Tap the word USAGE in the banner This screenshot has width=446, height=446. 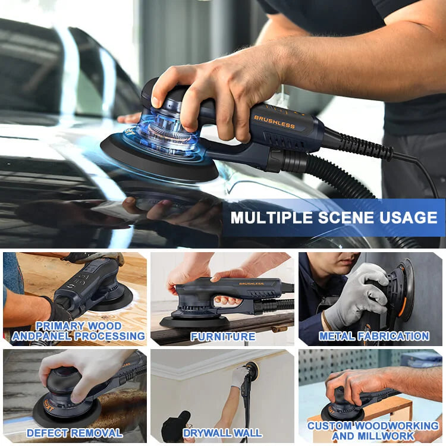click(408, 218)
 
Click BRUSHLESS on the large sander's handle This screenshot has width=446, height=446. click(274, 122)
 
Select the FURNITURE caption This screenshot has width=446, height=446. click(223, 337)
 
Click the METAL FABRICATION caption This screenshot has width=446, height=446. click(374, 336)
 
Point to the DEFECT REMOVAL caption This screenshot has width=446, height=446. click(74, 433)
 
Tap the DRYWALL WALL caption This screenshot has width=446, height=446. click(222, 433)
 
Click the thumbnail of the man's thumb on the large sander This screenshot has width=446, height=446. click(156, 102)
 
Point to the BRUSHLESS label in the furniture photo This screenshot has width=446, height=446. click(251, 284)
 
